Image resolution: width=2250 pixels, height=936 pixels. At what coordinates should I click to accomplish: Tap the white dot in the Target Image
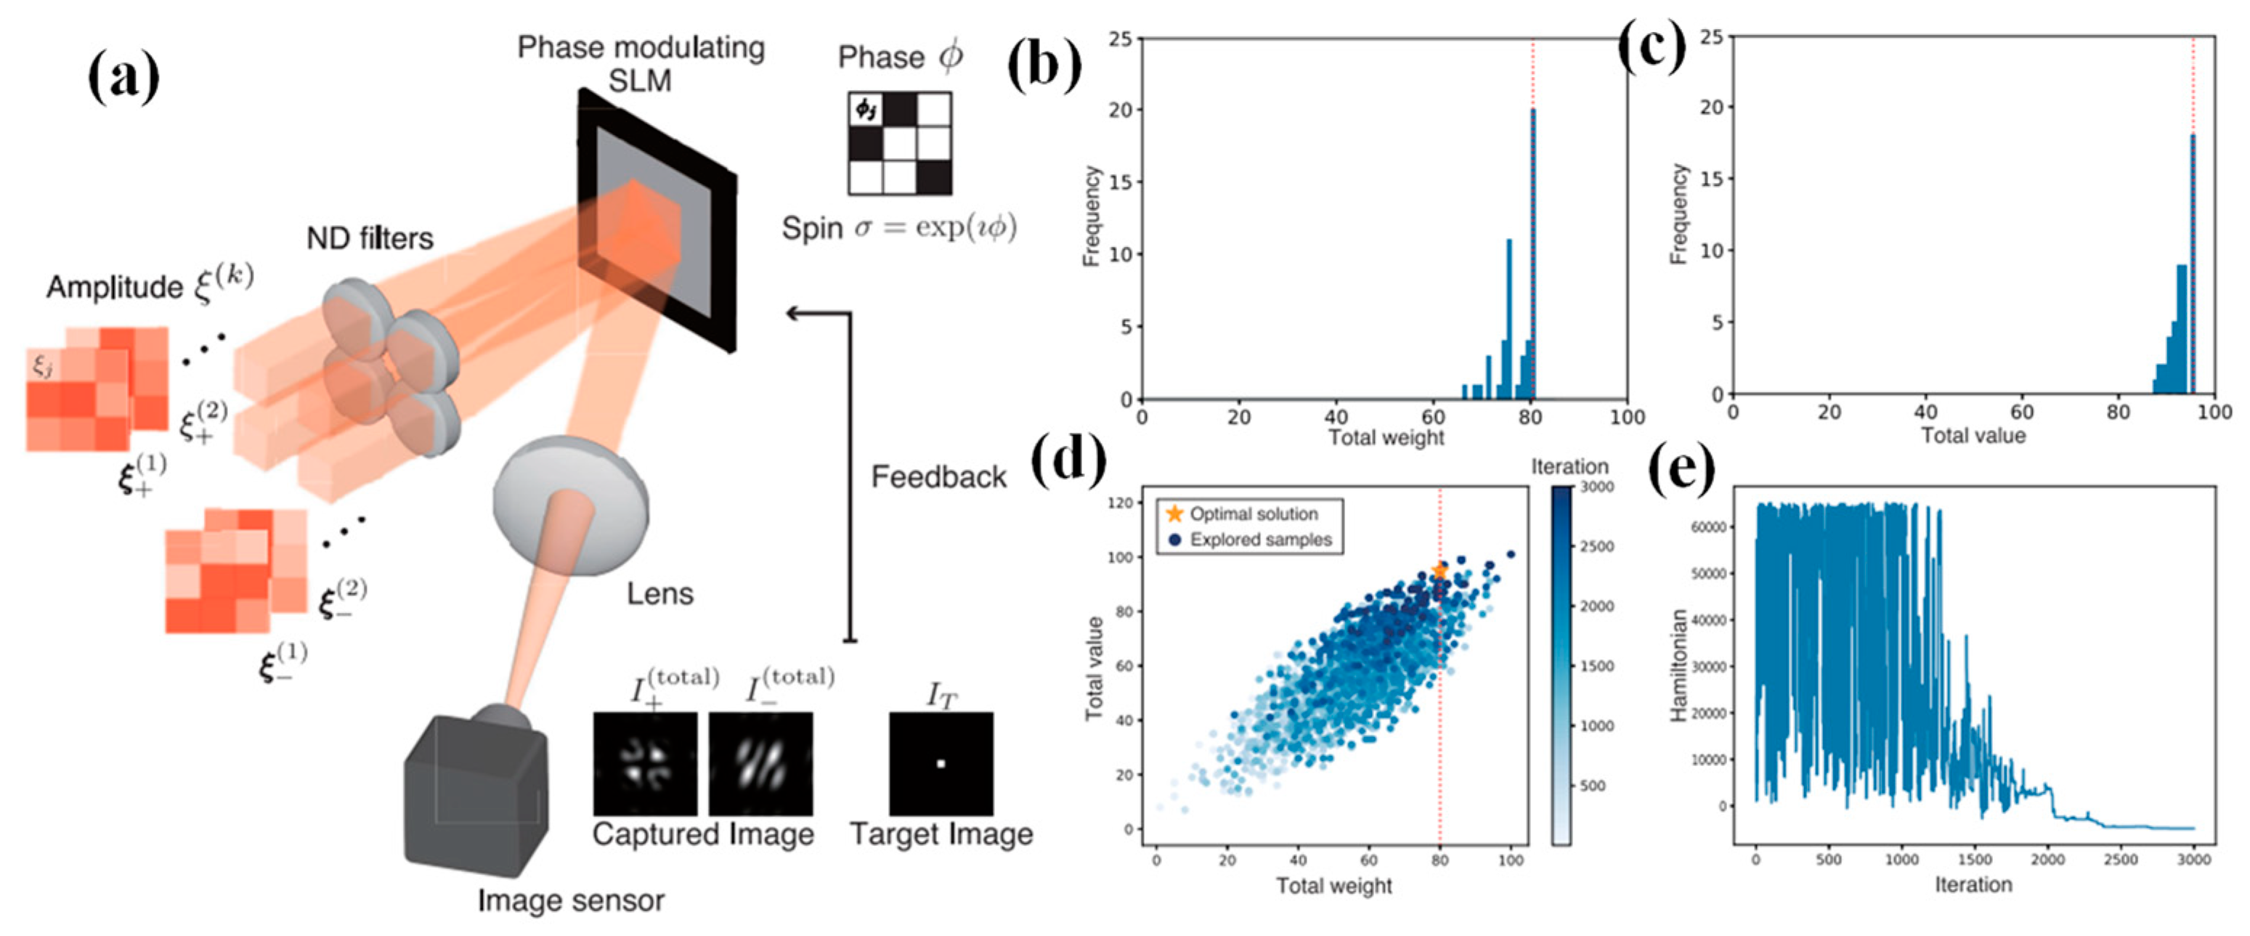coord(941,764)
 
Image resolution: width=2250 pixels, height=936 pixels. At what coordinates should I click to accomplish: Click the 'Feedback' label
coord(938,477)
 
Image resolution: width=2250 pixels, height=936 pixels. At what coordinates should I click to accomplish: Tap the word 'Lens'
coord(659,594)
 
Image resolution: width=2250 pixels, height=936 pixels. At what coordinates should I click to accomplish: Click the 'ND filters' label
coord(370,238)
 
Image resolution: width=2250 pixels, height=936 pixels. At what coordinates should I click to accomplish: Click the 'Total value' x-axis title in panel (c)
coord(1973,435)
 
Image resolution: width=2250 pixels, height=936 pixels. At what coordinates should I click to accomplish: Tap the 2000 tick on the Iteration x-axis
coord(2047,860)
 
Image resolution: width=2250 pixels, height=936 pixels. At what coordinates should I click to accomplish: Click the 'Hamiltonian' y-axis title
coord(1677,665)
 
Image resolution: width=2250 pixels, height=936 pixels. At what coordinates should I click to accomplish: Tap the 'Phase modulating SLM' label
coord(641,63)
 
